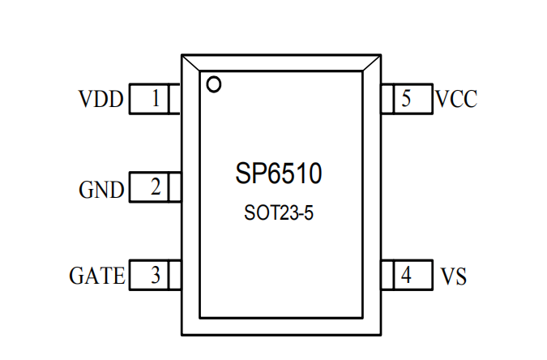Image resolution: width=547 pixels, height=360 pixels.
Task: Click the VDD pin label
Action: click(100, 100)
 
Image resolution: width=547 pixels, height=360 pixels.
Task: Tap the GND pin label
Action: click(101, 190)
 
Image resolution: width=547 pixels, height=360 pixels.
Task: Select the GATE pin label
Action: click(96, 276)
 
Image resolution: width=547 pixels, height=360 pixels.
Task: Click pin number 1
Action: click(156, 100)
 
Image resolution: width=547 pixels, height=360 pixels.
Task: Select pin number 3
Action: click(156, 276)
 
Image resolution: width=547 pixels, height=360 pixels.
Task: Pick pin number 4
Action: click(406, 276)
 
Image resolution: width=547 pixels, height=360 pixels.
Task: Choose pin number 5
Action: click(406, 99)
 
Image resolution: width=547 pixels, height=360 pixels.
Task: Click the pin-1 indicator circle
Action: click(214, 84)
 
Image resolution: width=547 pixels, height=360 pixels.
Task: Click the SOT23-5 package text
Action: click(278, 214)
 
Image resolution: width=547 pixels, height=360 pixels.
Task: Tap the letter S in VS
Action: click(460, 276)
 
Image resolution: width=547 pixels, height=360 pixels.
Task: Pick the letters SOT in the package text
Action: click(260, 214)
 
